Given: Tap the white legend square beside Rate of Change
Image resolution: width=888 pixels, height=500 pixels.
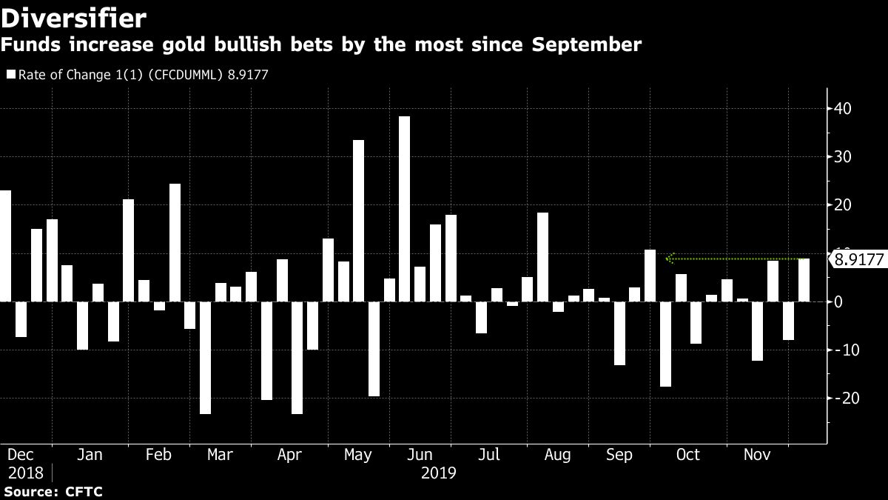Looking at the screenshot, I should click(x=10, y=74).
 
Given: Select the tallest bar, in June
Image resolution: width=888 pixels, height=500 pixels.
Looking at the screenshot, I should click(x=404, y=209).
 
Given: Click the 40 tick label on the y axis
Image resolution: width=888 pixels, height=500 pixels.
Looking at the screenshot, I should click(x=843, y=109).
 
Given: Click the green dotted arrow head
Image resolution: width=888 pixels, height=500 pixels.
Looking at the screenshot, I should click(x=669, y=259).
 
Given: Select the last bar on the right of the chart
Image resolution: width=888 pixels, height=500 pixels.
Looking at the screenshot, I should click(x=804, y=280).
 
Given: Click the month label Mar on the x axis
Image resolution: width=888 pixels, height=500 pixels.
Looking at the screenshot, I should click(x=220, y=455).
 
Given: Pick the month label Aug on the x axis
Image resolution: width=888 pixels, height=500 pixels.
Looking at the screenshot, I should click(x=556, y=455).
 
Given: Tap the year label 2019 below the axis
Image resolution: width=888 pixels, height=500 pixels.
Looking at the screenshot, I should click(x=438, y=473).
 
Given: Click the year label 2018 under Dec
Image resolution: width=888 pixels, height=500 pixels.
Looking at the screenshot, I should click(x=25, y=473).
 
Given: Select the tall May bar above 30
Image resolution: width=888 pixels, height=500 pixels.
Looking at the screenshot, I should click(x=358, y=221).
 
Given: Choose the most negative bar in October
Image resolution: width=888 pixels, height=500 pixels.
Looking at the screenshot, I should click(x=665, y=344).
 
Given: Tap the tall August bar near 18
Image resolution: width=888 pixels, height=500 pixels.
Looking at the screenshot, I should click(x=542, y=257).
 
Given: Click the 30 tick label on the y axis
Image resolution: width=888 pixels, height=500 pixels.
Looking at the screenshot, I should click(x=843, y=157).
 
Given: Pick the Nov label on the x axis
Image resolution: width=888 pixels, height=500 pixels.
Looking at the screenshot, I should click(x=757, y=455).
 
